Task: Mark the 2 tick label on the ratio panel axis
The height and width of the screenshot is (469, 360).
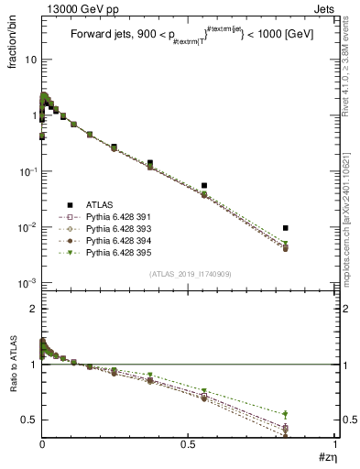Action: tap(32, 309)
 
